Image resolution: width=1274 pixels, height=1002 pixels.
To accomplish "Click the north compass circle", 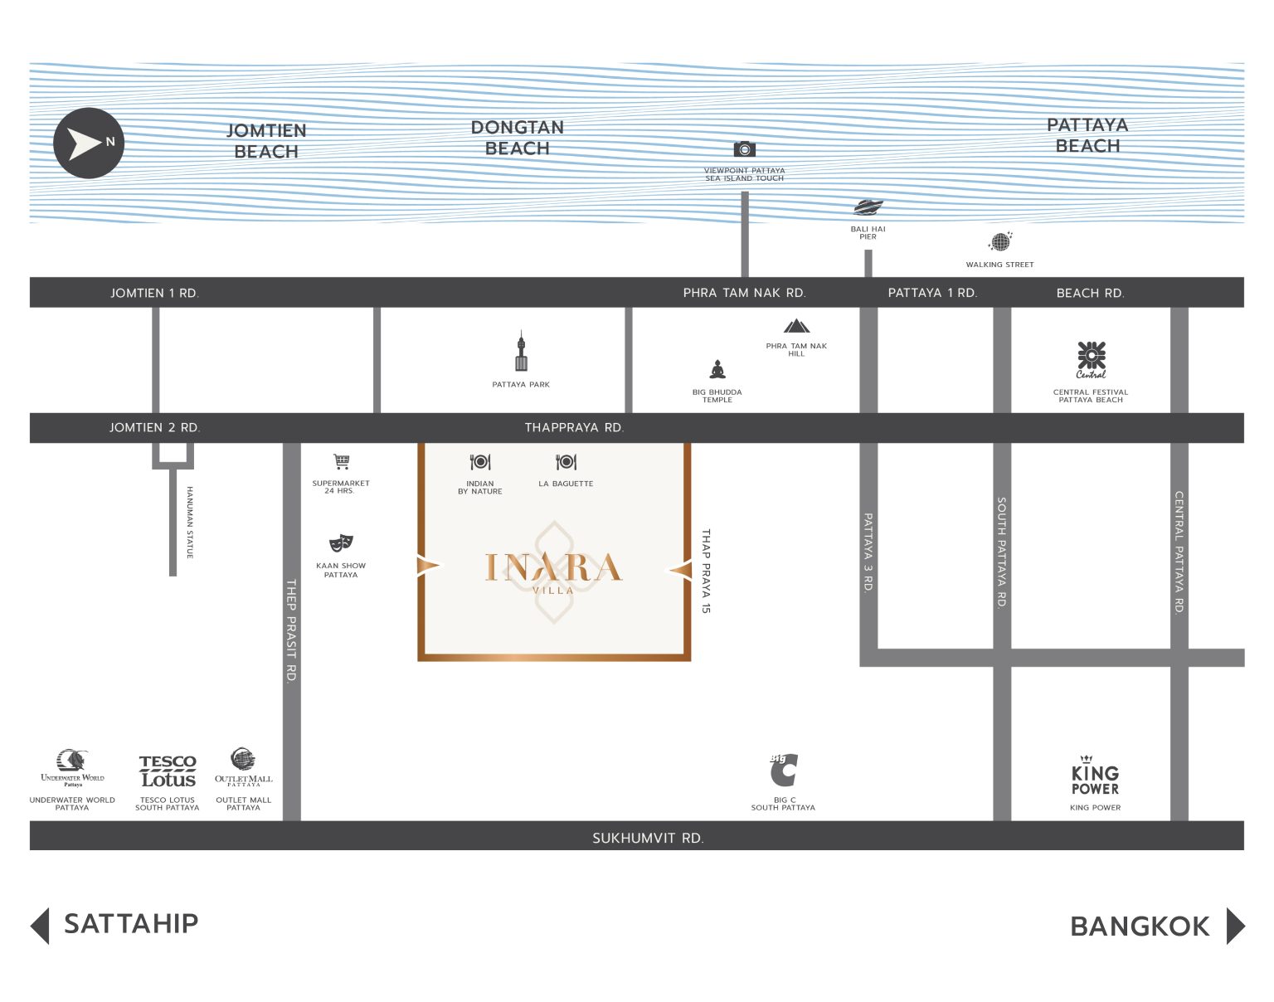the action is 89,143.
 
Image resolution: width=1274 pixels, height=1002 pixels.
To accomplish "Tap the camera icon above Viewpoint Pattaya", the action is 744,148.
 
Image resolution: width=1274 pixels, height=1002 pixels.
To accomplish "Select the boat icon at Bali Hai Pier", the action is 868,207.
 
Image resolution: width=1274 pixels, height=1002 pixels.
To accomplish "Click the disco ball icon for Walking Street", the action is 1000,241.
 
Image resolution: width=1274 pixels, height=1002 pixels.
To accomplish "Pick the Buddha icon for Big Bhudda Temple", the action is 717,370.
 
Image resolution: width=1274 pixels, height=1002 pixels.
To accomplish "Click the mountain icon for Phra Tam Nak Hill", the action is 796,326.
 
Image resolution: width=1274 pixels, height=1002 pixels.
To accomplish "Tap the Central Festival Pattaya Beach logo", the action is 1091,360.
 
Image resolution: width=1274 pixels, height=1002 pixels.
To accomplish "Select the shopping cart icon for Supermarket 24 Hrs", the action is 342,461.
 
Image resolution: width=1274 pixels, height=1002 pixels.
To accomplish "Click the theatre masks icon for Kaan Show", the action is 341,542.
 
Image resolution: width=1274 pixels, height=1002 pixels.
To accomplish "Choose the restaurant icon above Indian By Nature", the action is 480,462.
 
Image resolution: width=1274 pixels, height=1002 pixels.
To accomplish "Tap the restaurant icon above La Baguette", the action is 566,462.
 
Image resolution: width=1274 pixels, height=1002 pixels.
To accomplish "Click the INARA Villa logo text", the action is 553,572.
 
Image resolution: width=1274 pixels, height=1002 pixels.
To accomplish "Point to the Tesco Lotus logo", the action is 168,771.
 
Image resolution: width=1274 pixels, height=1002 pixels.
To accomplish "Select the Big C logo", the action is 784,770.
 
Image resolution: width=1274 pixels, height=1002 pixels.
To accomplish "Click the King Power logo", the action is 1095,776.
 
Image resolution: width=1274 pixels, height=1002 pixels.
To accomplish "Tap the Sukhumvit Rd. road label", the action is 649,838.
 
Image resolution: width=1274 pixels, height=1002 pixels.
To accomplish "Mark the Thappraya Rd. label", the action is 574,427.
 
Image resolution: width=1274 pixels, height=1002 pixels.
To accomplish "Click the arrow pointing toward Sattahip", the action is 40,926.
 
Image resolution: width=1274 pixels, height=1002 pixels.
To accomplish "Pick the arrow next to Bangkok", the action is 1236,926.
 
